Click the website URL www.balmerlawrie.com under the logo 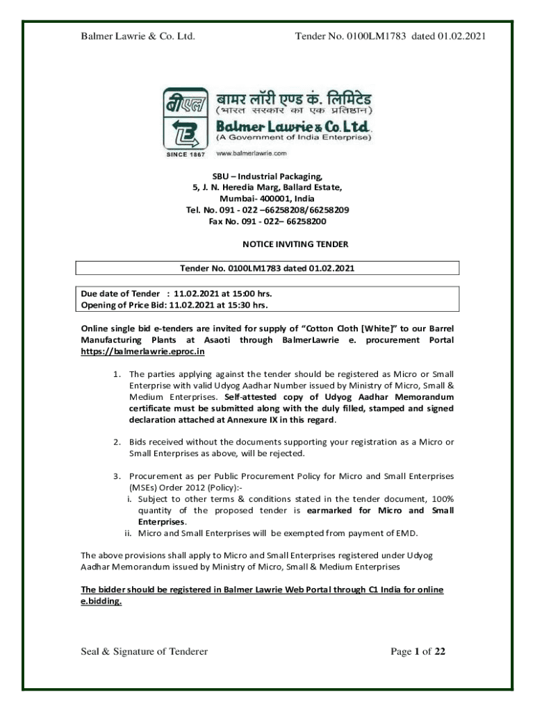252,152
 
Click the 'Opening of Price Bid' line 174,304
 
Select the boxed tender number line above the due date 267,268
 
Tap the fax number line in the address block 267,221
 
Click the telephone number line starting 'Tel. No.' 267,210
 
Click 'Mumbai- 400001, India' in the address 267,199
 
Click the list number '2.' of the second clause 117,442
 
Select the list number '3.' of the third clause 117,476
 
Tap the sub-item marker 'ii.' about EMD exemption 129,533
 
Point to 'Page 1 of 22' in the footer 415,651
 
